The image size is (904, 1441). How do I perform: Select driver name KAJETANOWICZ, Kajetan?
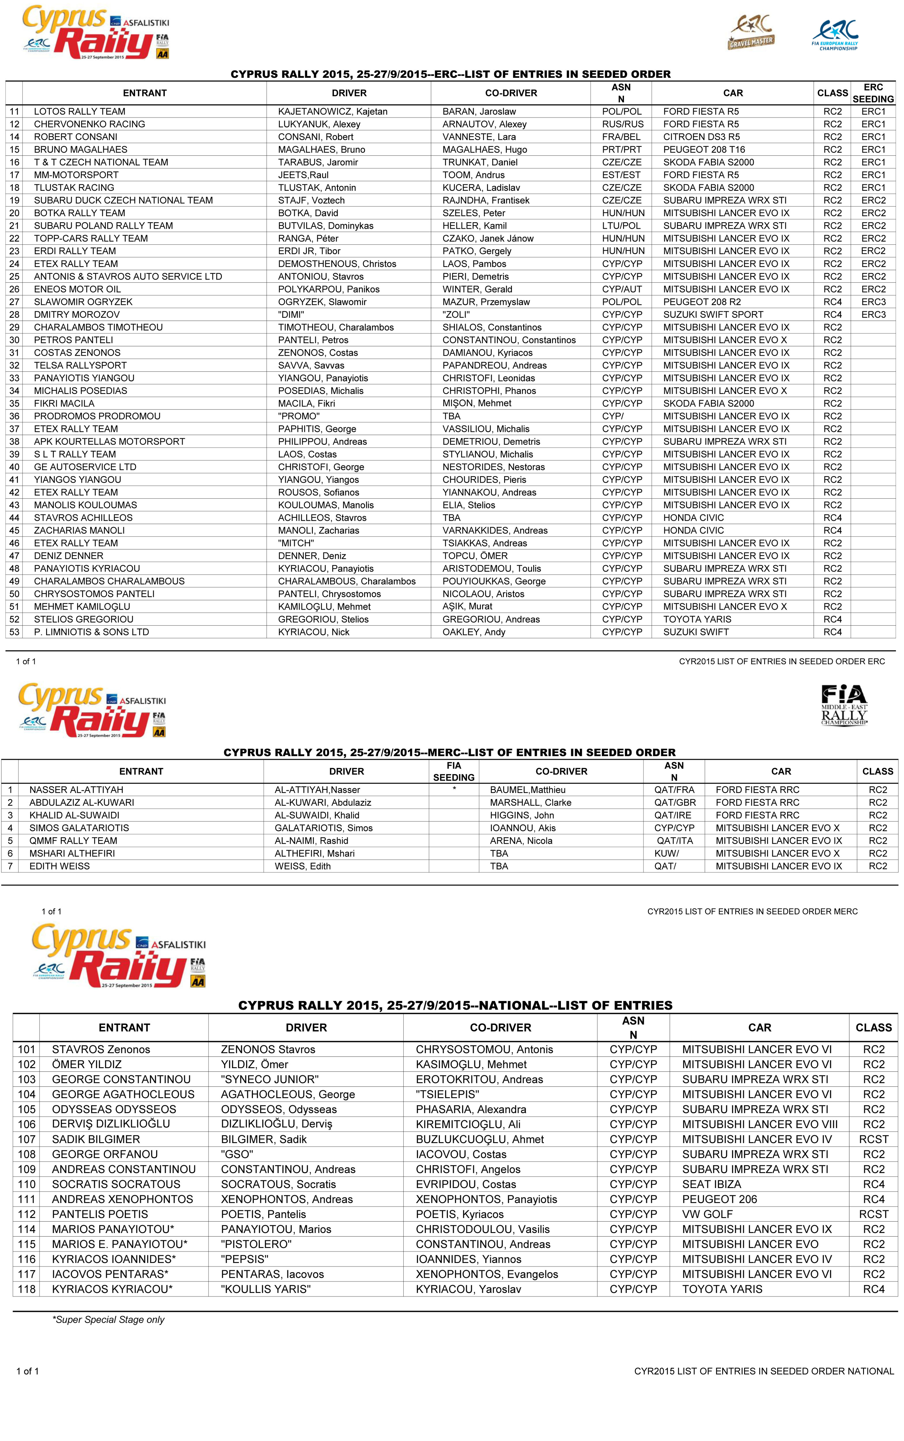click(332, 111)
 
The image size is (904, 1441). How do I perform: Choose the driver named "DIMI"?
click(291, 315)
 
